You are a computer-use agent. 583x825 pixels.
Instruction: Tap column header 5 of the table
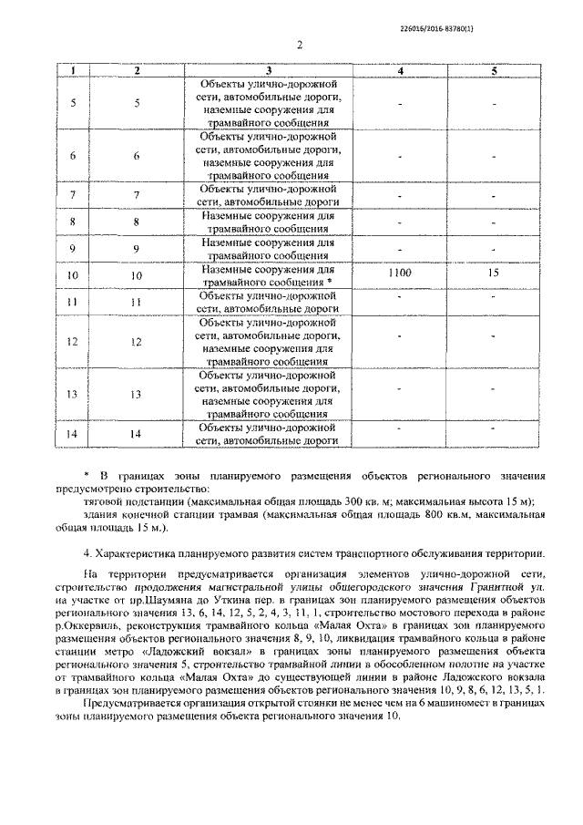[493, 71]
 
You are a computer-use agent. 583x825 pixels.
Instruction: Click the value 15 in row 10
[493, 273]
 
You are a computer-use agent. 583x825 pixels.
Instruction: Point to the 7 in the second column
[137, 195]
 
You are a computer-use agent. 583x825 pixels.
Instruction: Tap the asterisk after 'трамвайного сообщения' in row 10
[330, 284]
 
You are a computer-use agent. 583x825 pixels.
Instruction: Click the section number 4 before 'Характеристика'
[86, 554]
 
